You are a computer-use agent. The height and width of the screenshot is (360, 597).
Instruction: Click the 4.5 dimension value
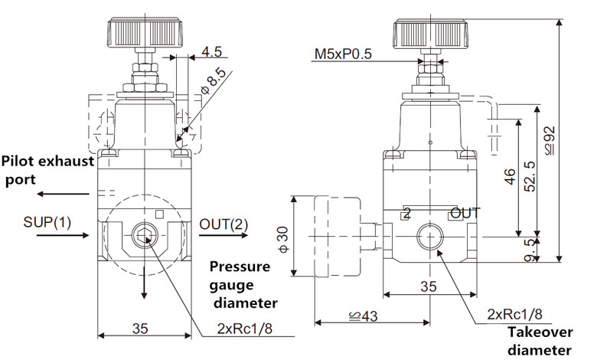click(x=212, y=54)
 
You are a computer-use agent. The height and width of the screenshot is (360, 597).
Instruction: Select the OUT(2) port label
click(x=224, y=224)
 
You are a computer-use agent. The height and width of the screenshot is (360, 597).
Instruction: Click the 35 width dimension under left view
click(x=139, y=329)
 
